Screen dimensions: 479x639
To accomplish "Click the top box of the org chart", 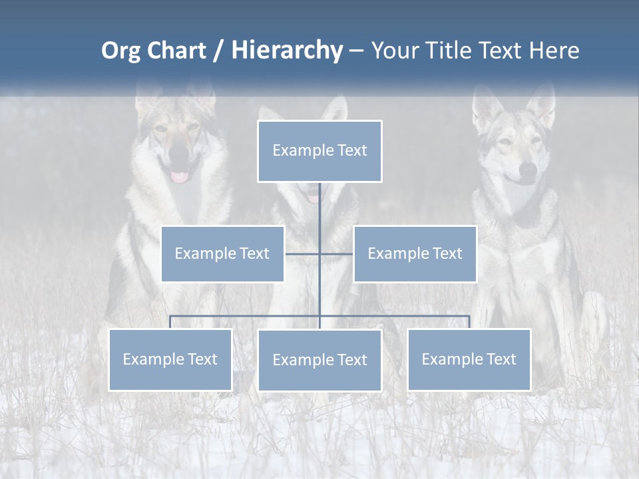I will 319,151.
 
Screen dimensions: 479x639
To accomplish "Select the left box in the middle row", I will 222,253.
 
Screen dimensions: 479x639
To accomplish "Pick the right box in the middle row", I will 415,253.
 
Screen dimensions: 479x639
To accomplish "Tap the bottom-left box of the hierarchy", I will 170,359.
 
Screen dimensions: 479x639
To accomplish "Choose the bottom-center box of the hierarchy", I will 319,360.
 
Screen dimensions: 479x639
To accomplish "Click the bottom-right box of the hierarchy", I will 469,359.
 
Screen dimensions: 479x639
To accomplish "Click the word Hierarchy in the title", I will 287,51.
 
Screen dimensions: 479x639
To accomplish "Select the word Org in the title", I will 120,51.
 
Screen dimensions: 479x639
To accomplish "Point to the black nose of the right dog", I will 527,170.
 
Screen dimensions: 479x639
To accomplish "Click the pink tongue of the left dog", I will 180,176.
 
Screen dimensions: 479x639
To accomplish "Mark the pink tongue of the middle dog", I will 313,198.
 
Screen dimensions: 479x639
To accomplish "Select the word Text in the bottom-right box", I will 501,359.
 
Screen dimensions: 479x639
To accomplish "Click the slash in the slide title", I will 218,51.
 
